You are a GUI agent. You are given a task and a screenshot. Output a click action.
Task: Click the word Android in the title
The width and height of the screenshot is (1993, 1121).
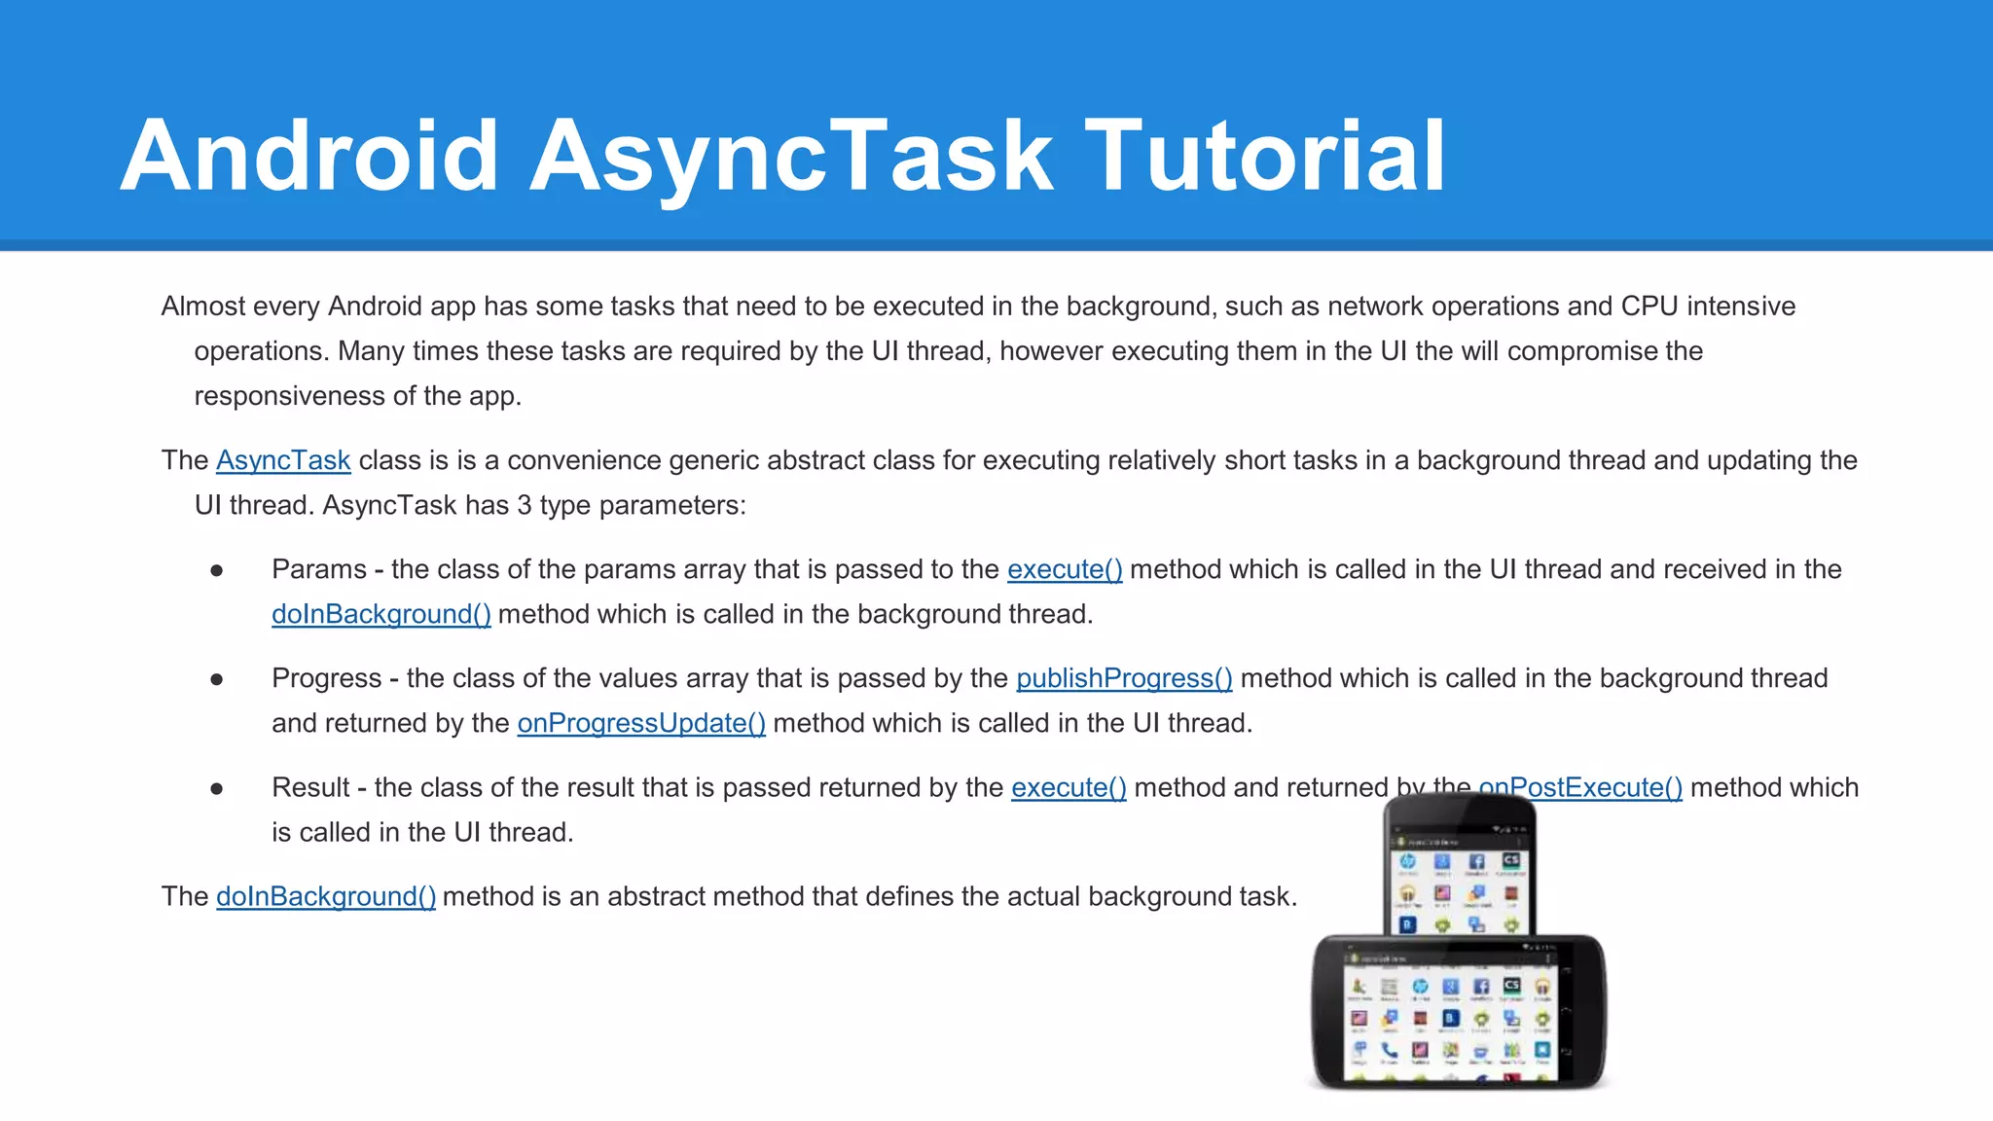(x=309, y=156)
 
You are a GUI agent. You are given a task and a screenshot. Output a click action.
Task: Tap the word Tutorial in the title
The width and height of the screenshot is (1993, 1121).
(x=1264, y=156)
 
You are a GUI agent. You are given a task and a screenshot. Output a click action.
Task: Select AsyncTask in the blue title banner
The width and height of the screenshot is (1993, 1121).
(x=790, y=156)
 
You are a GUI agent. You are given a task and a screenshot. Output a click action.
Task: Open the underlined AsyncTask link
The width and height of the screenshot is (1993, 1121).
(x=283, y=460)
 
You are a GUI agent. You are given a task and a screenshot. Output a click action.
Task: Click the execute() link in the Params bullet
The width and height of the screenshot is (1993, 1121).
(x=1065, y=569)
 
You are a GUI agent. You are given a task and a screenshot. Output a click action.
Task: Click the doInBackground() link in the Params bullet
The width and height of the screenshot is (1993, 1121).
(x=380, y=614)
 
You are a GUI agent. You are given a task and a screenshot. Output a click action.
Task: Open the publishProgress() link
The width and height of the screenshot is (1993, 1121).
(x=1124, y=678)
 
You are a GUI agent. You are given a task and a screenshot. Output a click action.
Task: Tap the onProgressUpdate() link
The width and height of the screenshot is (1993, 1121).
(x=641, y=723)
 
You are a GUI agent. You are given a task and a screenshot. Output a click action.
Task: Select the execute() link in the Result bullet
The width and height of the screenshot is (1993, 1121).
(x=1069, y=787)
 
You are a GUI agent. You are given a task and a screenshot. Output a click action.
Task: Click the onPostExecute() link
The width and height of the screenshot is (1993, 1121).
(x=1596, y=786)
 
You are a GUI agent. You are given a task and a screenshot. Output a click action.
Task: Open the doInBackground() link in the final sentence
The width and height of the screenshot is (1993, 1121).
(x=326, y=896)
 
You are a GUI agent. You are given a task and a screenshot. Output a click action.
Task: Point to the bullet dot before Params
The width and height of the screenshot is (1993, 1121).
(x=217, y=570)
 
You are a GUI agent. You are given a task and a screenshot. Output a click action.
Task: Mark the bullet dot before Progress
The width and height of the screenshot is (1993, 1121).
(x=217, y=679)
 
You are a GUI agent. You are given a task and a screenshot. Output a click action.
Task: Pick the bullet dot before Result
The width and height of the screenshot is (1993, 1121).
(x=217, y=788)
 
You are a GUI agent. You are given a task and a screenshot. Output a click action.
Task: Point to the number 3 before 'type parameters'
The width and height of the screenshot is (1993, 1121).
(x=525, y=505)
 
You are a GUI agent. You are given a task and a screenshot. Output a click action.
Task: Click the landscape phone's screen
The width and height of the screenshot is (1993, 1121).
(x=1451, y=1017)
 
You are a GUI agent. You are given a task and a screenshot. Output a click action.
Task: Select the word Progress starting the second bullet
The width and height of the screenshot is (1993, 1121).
(x=327, y=678)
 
